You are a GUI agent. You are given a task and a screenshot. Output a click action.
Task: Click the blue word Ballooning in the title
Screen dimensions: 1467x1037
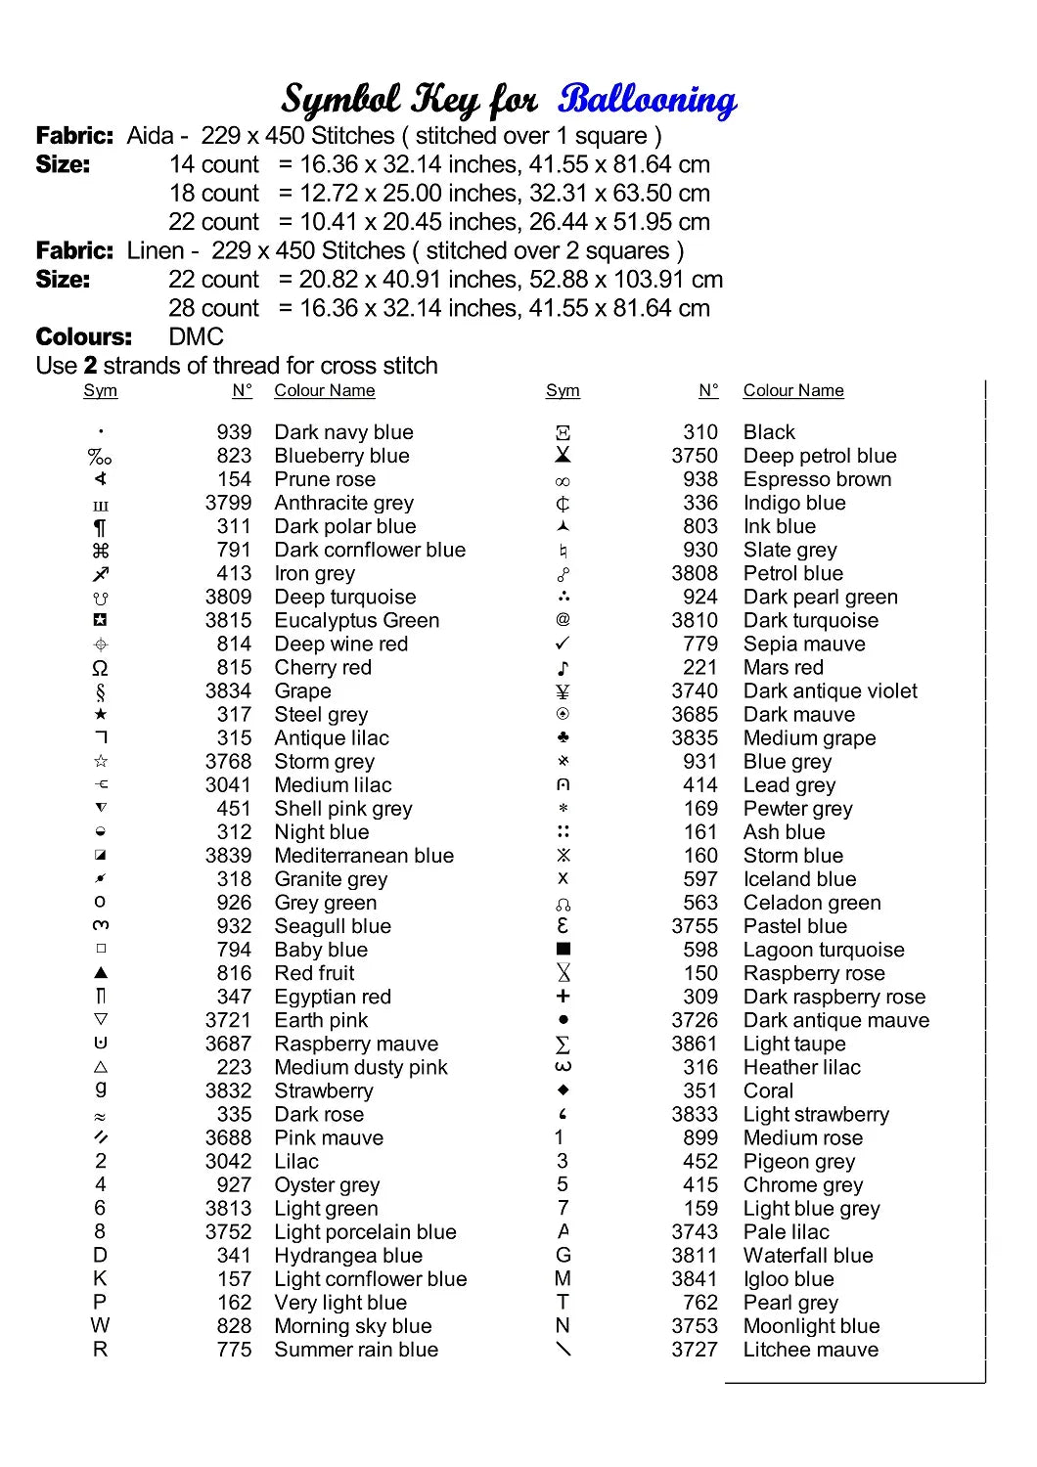[647, 100]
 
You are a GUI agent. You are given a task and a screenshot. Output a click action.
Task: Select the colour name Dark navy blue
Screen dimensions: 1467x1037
[343, 432]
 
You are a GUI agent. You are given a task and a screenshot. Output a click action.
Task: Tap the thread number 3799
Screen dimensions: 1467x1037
[228, 503]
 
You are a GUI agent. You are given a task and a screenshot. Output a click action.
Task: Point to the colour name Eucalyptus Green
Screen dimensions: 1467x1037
[356, 620]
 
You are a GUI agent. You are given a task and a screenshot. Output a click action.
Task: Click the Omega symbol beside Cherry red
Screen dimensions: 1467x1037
[100, 668]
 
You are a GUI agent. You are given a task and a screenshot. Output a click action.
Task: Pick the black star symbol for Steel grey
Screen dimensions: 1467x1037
[100, 715]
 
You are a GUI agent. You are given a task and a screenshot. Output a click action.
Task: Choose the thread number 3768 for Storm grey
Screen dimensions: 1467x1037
[228, 761]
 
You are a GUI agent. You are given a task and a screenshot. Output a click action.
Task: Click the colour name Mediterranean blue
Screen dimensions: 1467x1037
[364, 856]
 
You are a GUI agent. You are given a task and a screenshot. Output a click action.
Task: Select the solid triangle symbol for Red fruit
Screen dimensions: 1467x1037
[101, 973]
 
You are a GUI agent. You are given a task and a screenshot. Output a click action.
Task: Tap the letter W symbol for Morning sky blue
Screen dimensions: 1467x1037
[100, 1325]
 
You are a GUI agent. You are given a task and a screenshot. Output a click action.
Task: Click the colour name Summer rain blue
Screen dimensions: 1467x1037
[356, 1350]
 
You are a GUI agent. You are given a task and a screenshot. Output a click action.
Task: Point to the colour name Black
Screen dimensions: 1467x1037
[769, 432]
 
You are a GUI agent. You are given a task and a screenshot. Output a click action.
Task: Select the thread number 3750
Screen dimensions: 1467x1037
[695, 456]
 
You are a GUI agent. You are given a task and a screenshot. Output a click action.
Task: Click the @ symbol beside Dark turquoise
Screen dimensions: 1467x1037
[563, 619]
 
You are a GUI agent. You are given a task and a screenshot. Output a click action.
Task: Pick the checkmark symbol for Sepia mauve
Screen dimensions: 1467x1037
[563, 644]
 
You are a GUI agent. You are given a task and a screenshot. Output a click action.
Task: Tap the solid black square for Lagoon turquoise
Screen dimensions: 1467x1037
[563, 949]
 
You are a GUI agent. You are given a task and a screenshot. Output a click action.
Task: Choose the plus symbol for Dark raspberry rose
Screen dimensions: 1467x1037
[563, 996]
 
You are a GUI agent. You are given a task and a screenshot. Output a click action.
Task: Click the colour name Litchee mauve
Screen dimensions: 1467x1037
[810, 1350]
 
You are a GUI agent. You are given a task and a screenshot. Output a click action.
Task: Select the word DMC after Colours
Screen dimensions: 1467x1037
[196, 337]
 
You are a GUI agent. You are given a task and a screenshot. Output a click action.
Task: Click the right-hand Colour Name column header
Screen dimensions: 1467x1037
[793, 390]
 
